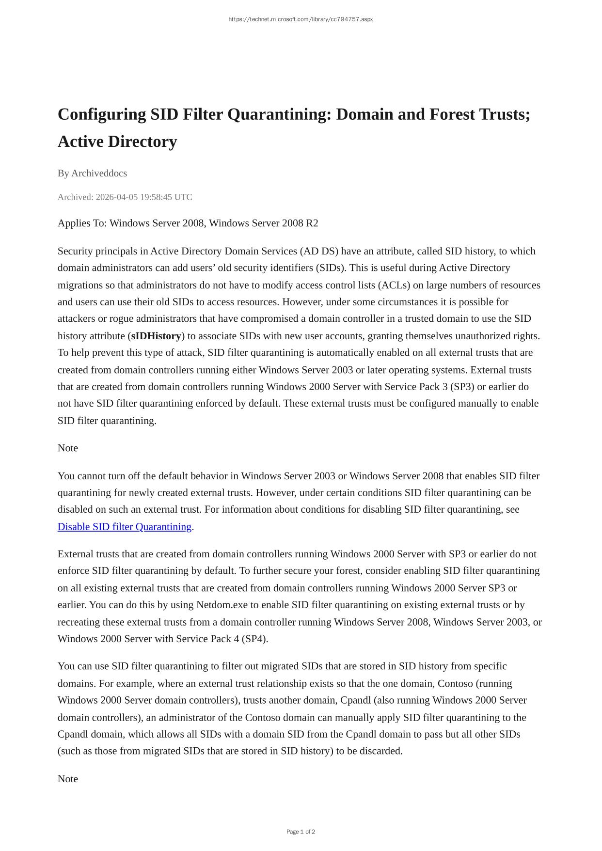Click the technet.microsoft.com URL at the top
tap(301, 19)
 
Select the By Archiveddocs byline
tap(92, 173)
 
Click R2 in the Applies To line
tap(312, 223)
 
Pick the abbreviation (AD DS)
tap(319, 251)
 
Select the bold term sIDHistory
tap(156, 336)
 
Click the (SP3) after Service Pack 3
tap(461, 387)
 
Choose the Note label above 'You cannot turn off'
tap(68, 448)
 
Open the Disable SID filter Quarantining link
tap(125, 527)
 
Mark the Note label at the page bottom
tap(68, 779)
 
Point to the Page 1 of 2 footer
tap(301, 832)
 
